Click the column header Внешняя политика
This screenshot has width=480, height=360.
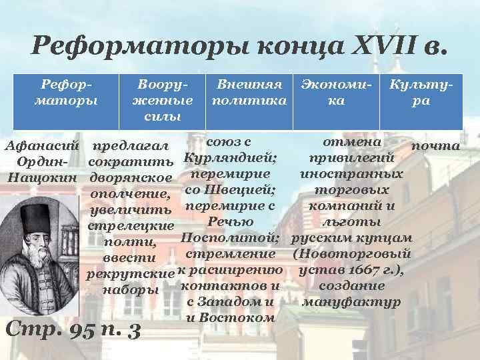248,93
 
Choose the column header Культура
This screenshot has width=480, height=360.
421,93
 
